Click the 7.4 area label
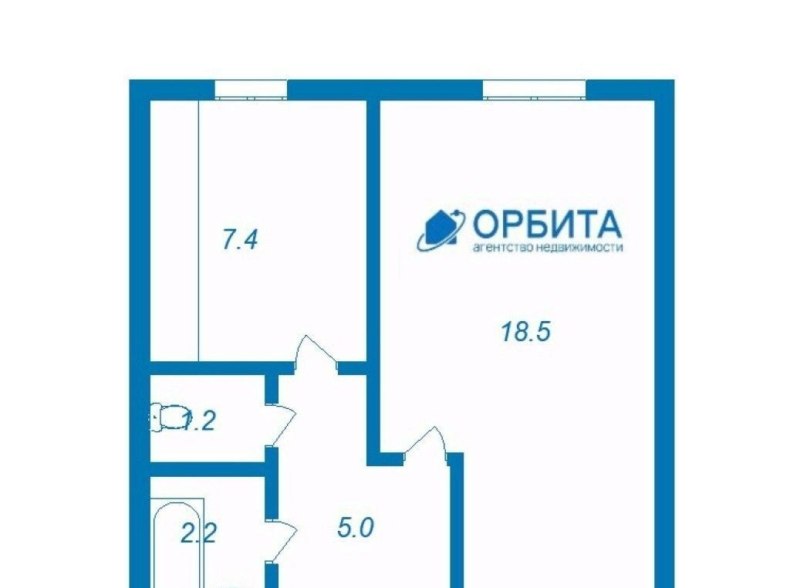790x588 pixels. coord(240,239)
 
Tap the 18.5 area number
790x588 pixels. coord(525,332)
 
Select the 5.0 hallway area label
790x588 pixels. coord(356,529)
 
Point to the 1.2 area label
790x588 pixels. coord(198,421)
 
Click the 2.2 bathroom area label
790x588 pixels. coord(198,533)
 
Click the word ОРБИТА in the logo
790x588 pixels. coord(547,225)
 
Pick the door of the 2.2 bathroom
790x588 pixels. coord(282,542)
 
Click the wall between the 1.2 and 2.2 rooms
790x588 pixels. coord(208,469)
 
